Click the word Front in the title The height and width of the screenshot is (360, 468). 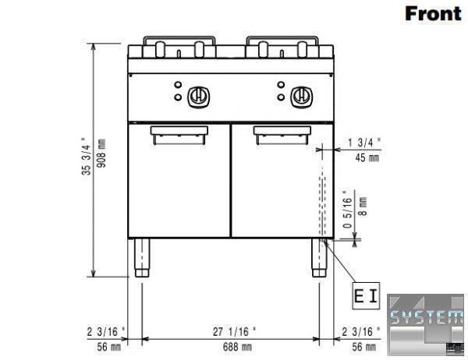(x=433, y=14)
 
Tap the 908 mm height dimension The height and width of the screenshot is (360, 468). (x=101, y=153)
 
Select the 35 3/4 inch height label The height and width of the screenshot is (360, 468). (x=86, y=156)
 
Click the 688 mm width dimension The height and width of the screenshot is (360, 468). (x=237, y=347)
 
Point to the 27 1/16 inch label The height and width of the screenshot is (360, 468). (x=234, y=331)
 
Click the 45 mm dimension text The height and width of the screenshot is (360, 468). (x=367, y=157)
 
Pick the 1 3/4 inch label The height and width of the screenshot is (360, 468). (x=364, y=143)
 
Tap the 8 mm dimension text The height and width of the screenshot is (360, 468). (x=363, y=206)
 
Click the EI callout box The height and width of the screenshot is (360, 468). (x=366, y=296)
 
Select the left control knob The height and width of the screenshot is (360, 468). (x=198, y=97)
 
